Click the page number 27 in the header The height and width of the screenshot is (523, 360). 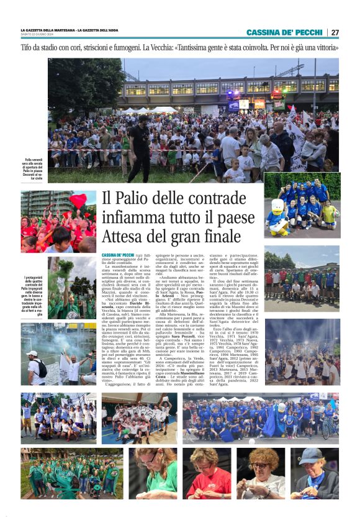(335, 32)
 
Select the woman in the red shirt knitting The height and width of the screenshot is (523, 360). (209, 475)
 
